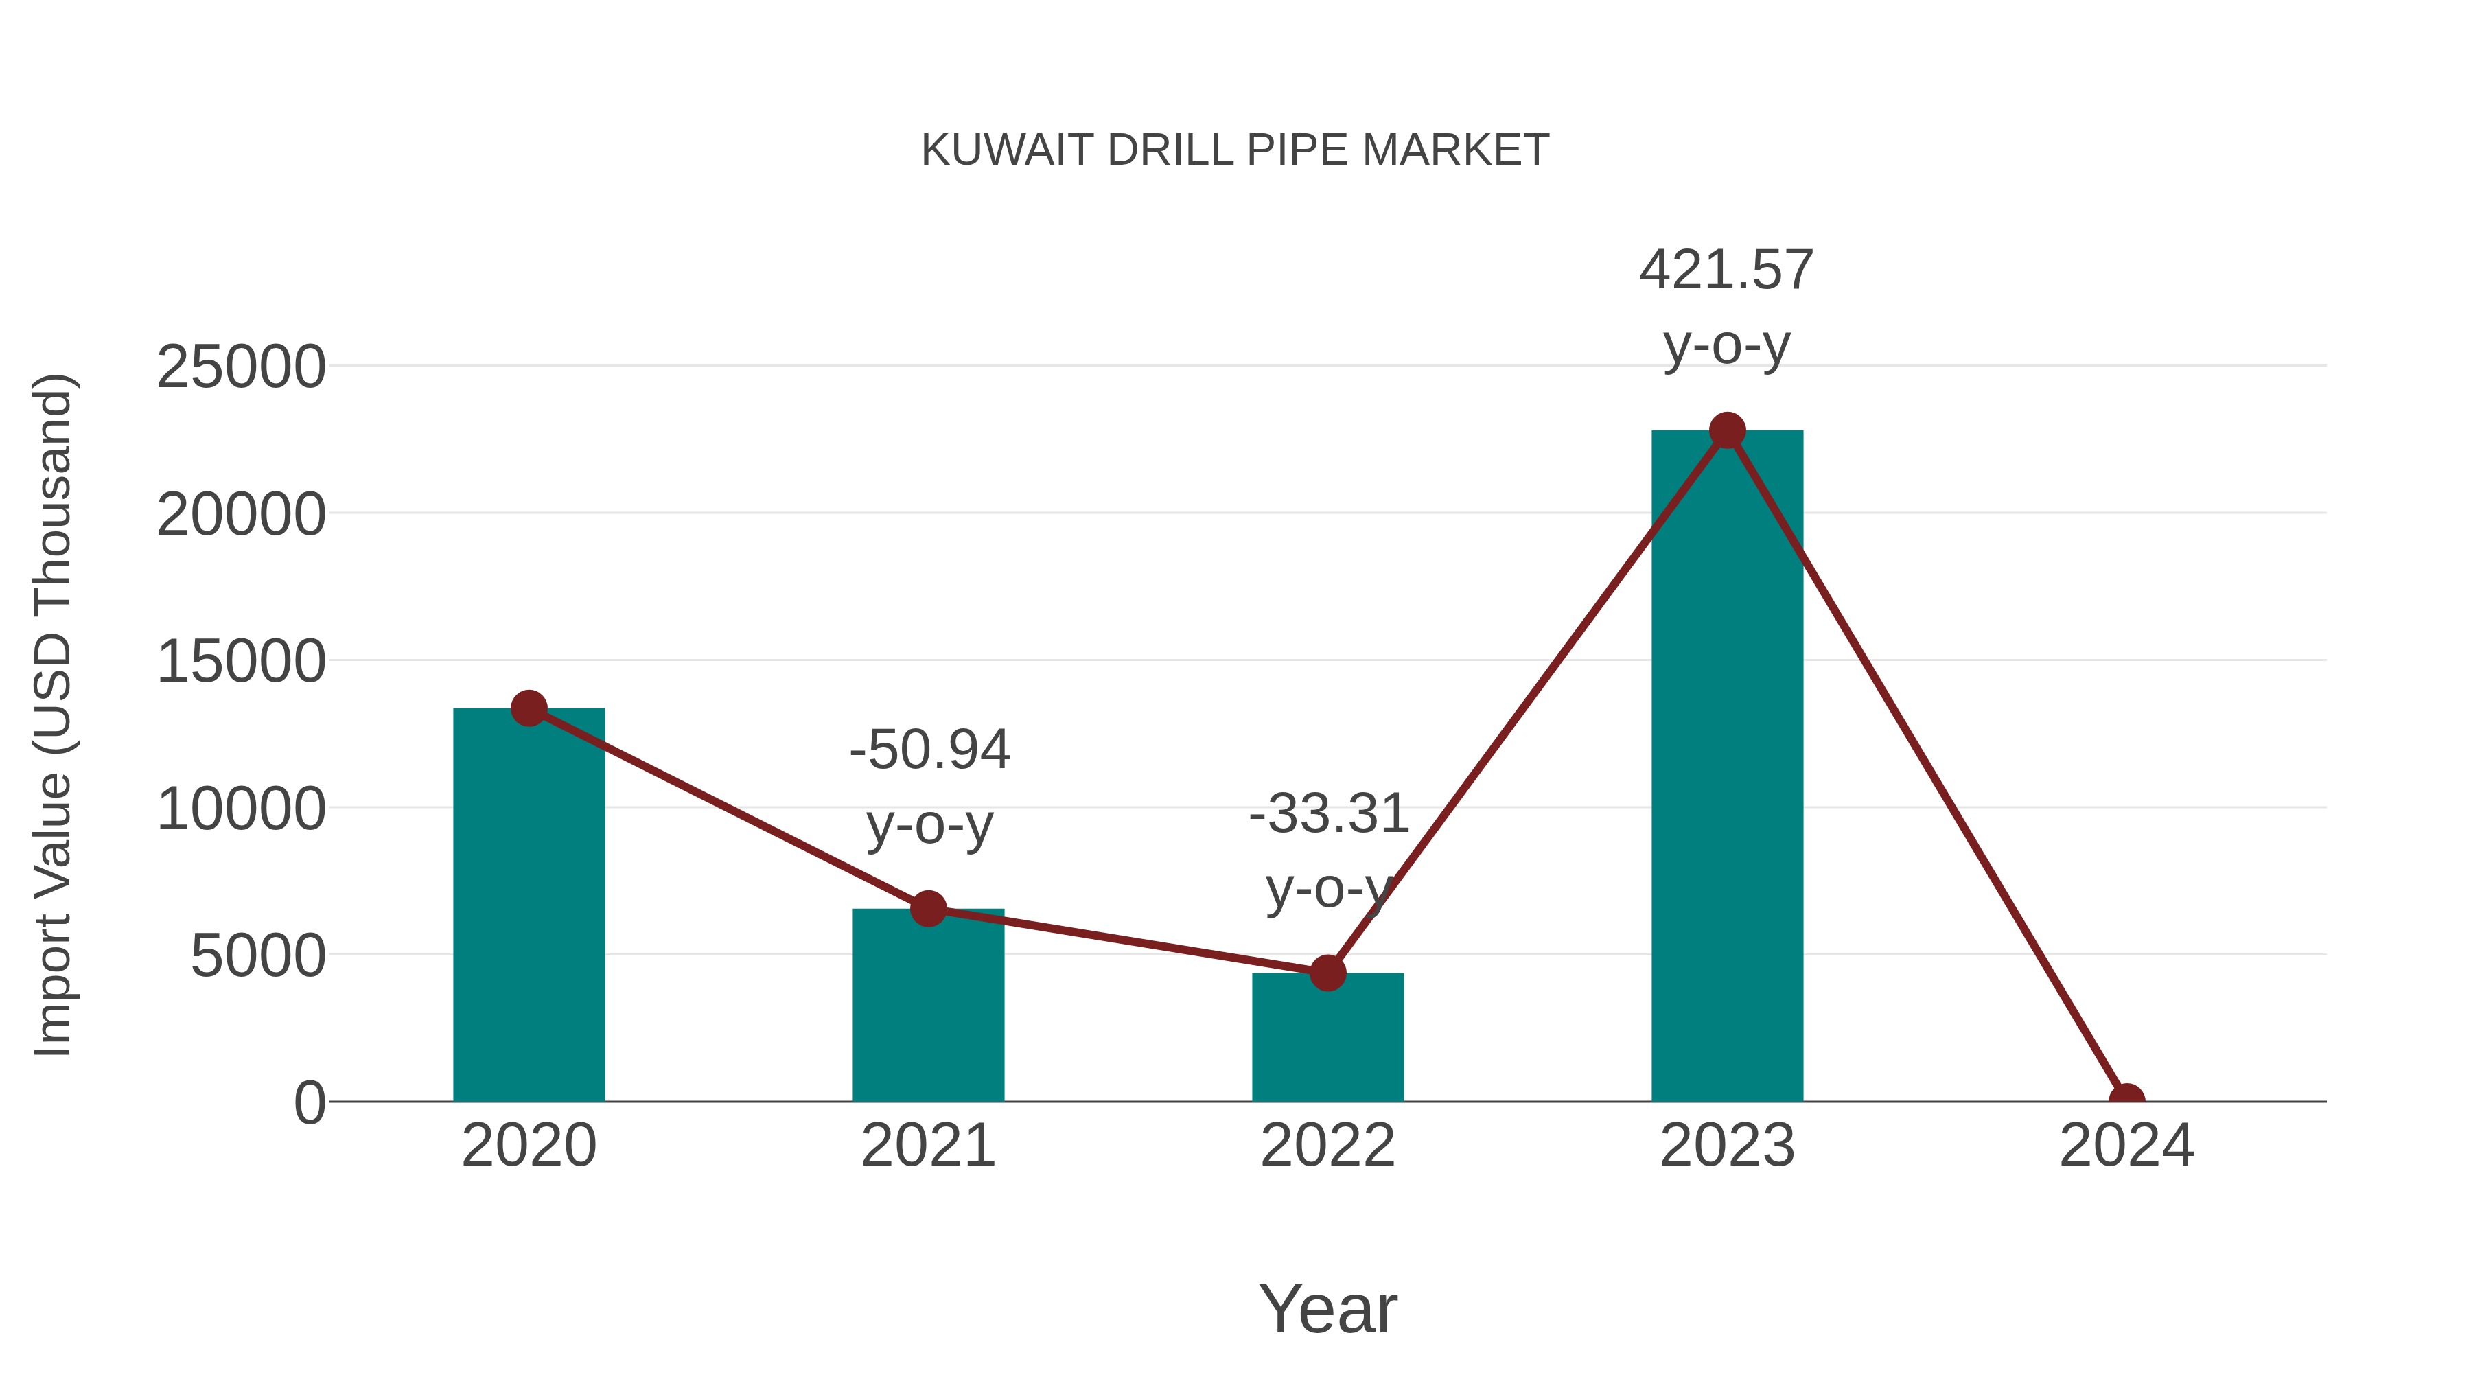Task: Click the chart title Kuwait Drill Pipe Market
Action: pos(1235,150)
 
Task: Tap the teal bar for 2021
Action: pos(927,1017)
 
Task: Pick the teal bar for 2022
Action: pos(1327,1045)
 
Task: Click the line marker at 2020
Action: pos(529,709)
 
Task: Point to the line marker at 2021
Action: pos(927,907)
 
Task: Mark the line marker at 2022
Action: pos(1327,973)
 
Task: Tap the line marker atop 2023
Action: pos(1727,430)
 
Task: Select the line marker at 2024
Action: pos(2126,1100)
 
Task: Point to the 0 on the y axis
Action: pos(310,1103)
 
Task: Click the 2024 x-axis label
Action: pos(2126,1146)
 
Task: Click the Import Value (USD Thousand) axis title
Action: pos(54,715)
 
